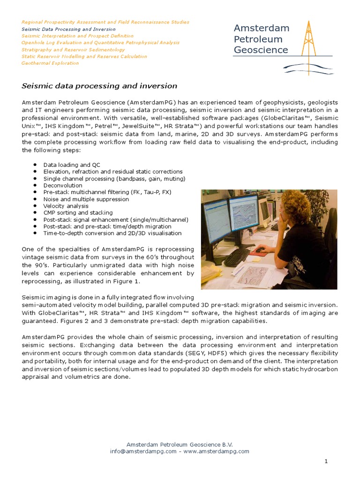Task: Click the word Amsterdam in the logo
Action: (261, 28)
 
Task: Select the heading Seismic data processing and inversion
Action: (99, 86)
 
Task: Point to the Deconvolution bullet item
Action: (63, 185)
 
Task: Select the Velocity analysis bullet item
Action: (66, 206)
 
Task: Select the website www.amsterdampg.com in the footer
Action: (216, 451)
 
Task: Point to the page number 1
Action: (326, 462)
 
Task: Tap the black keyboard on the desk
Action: (237, 256)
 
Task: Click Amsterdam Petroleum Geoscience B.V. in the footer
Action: (180, 444)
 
